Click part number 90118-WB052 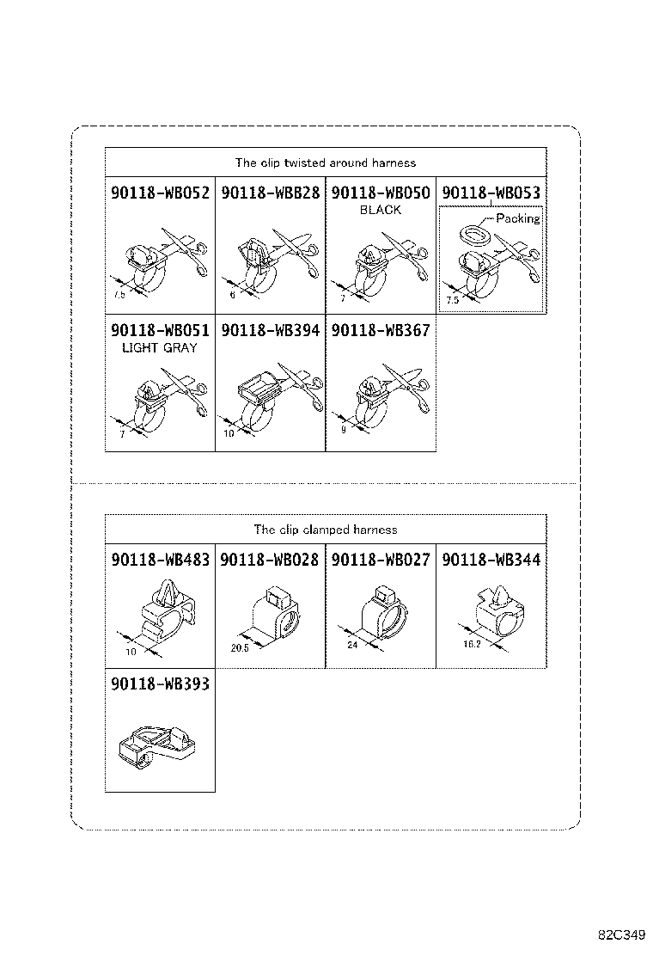[x=160, y=193]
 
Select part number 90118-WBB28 [x=271, y=193]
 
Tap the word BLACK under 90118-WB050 [x=381, y=211]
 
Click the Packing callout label [x=518, y=218]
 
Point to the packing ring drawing [x=476, y=235]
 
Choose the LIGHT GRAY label [x=160, y=348]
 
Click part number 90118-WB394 [x=271, y=330]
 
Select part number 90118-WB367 [x=381, y=330]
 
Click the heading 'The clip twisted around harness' [x=326, y=162]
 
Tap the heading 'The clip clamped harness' [x=326, y=530]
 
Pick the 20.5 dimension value [x=240, y=648]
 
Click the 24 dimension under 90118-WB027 [x=352, y=645]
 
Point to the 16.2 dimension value [x=472, y=644]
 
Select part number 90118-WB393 [x=160, y=684]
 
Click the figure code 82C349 [x=621, y=935]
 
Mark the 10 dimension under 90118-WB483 [x=131, y=652]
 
